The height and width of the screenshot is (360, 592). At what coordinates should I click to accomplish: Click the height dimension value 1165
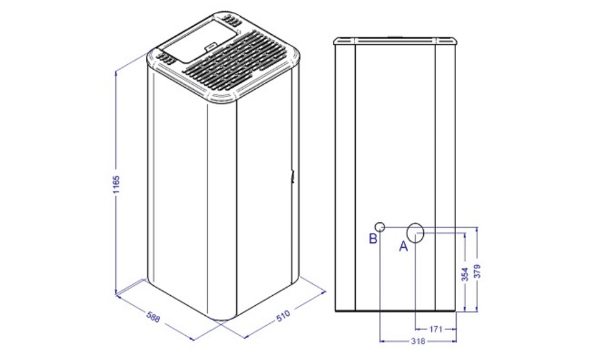(117, 184)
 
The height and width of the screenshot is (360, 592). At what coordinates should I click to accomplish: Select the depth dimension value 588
(153, 317)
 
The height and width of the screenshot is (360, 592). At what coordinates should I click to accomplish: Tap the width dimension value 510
(283, 316)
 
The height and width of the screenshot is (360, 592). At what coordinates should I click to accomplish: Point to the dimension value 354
(465, 274)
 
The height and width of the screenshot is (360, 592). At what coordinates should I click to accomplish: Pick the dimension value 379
(477, 272)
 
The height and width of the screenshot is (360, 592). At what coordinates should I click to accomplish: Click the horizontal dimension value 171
(436, 329)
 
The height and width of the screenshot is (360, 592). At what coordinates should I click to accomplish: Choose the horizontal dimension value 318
(418, 341)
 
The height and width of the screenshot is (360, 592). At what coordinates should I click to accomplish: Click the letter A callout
(404, 247)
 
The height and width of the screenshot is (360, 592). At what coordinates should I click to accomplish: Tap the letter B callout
(373, 239)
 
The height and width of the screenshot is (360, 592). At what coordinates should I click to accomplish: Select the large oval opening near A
(415, 233)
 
